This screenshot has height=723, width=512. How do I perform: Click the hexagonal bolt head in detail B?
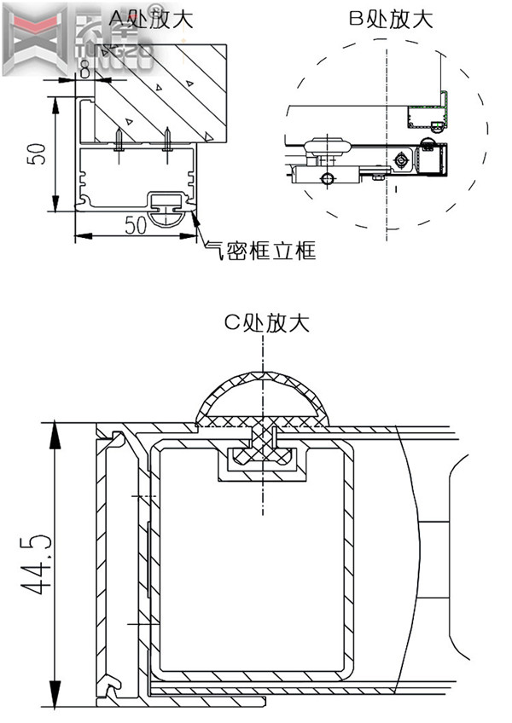tap(400, 159)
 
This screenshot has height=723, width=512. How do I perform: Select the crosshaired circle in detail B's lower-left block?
tap(324, 177)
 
